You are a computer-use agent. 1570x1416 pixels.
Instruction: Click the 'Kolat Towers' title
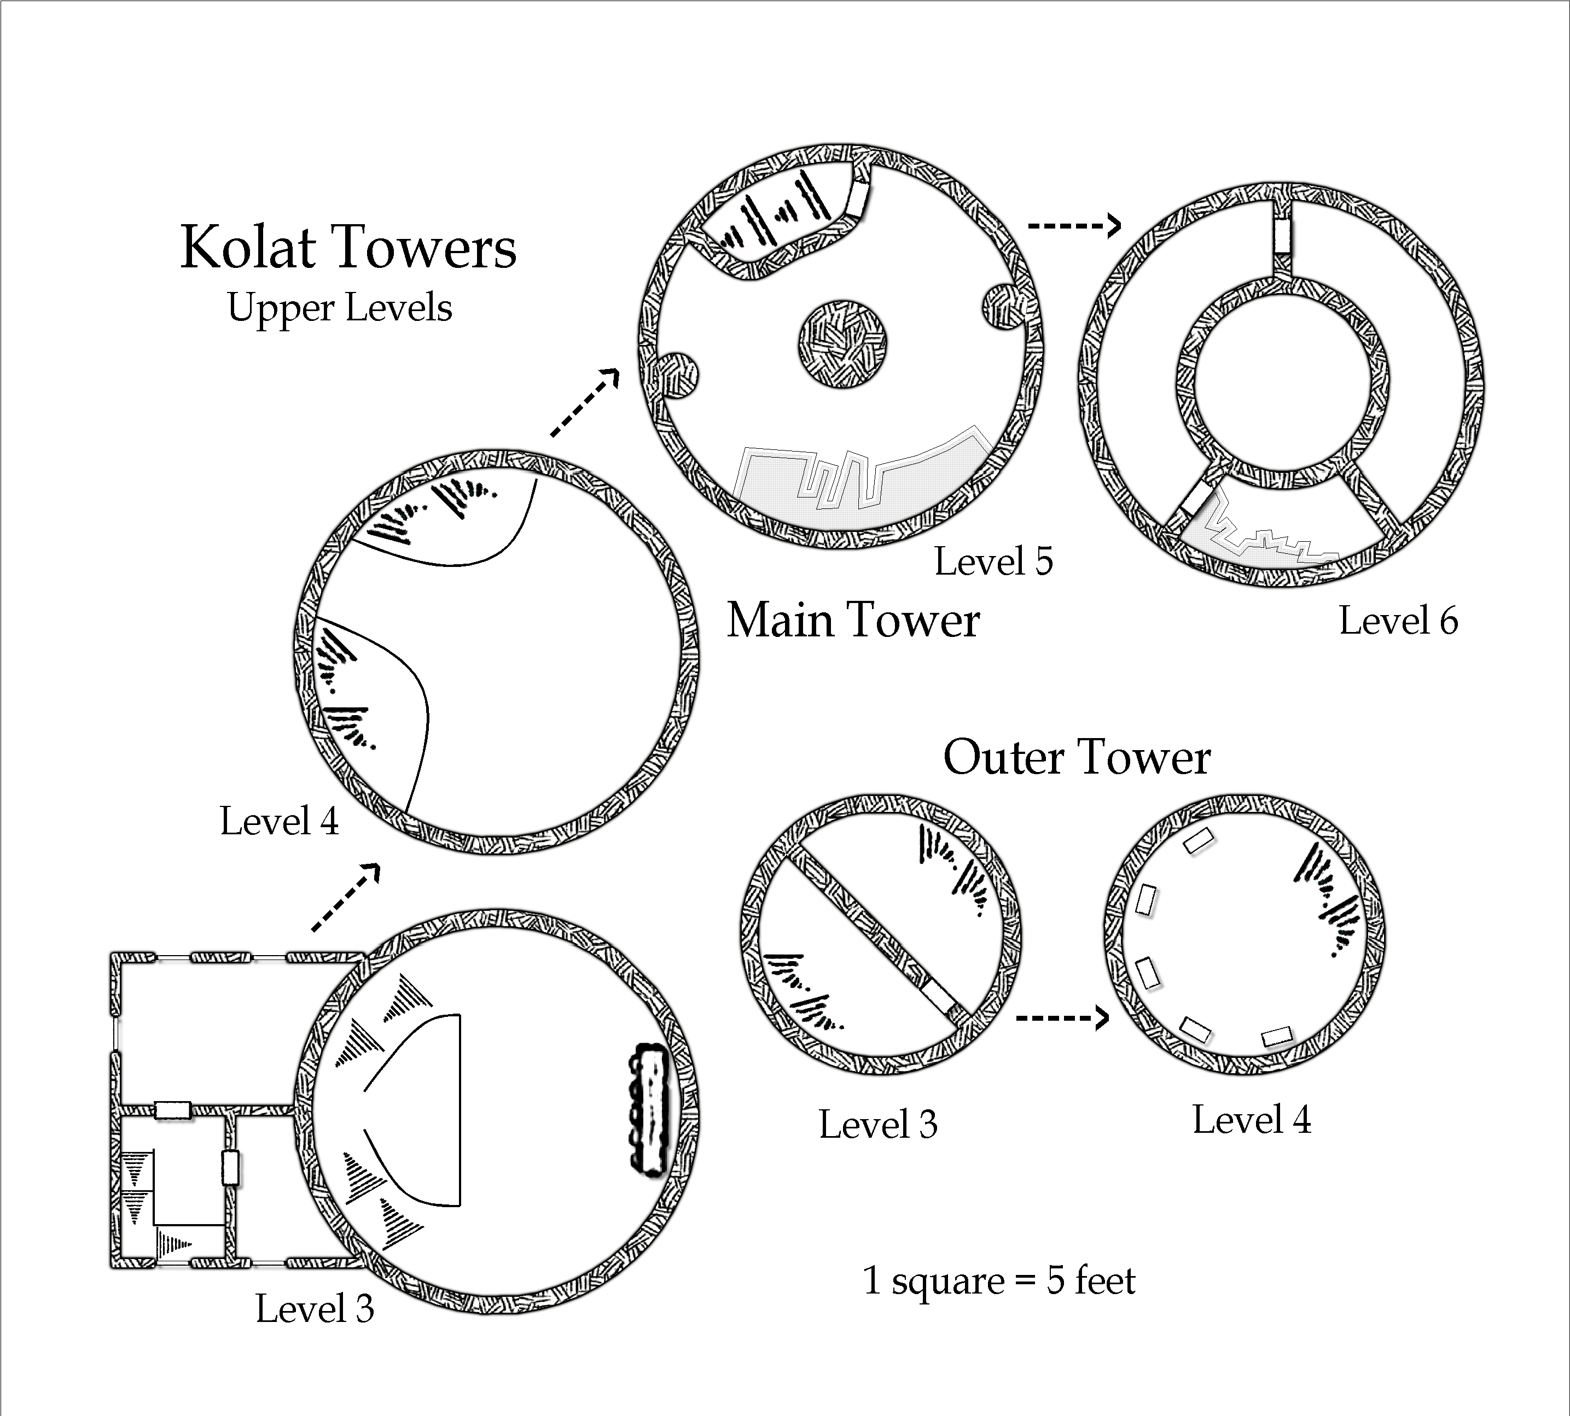(x=348, y=248)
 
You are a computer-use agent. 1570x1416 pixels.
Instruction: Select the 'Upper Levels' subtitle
(x=339, y=307)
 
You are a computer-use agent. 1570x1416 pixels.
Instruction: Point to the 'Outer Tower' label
(x=1077, y=757)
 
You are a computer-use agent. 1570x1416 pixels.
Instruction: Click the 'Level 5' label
(x=993, y=561)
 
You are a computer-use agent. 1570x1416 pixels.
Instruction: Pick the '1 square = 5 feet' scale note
(x=999, y=1280)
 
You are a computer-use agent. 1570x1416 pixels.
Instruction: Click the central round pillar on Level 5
(x=843, y=344)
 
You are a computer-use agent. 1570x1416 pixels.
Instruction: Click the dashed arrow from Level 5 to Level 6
(x=1074, y=226)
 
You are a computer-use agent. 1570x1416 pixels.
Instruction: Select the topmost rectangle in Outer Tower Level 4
(x=1199, y=841)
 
